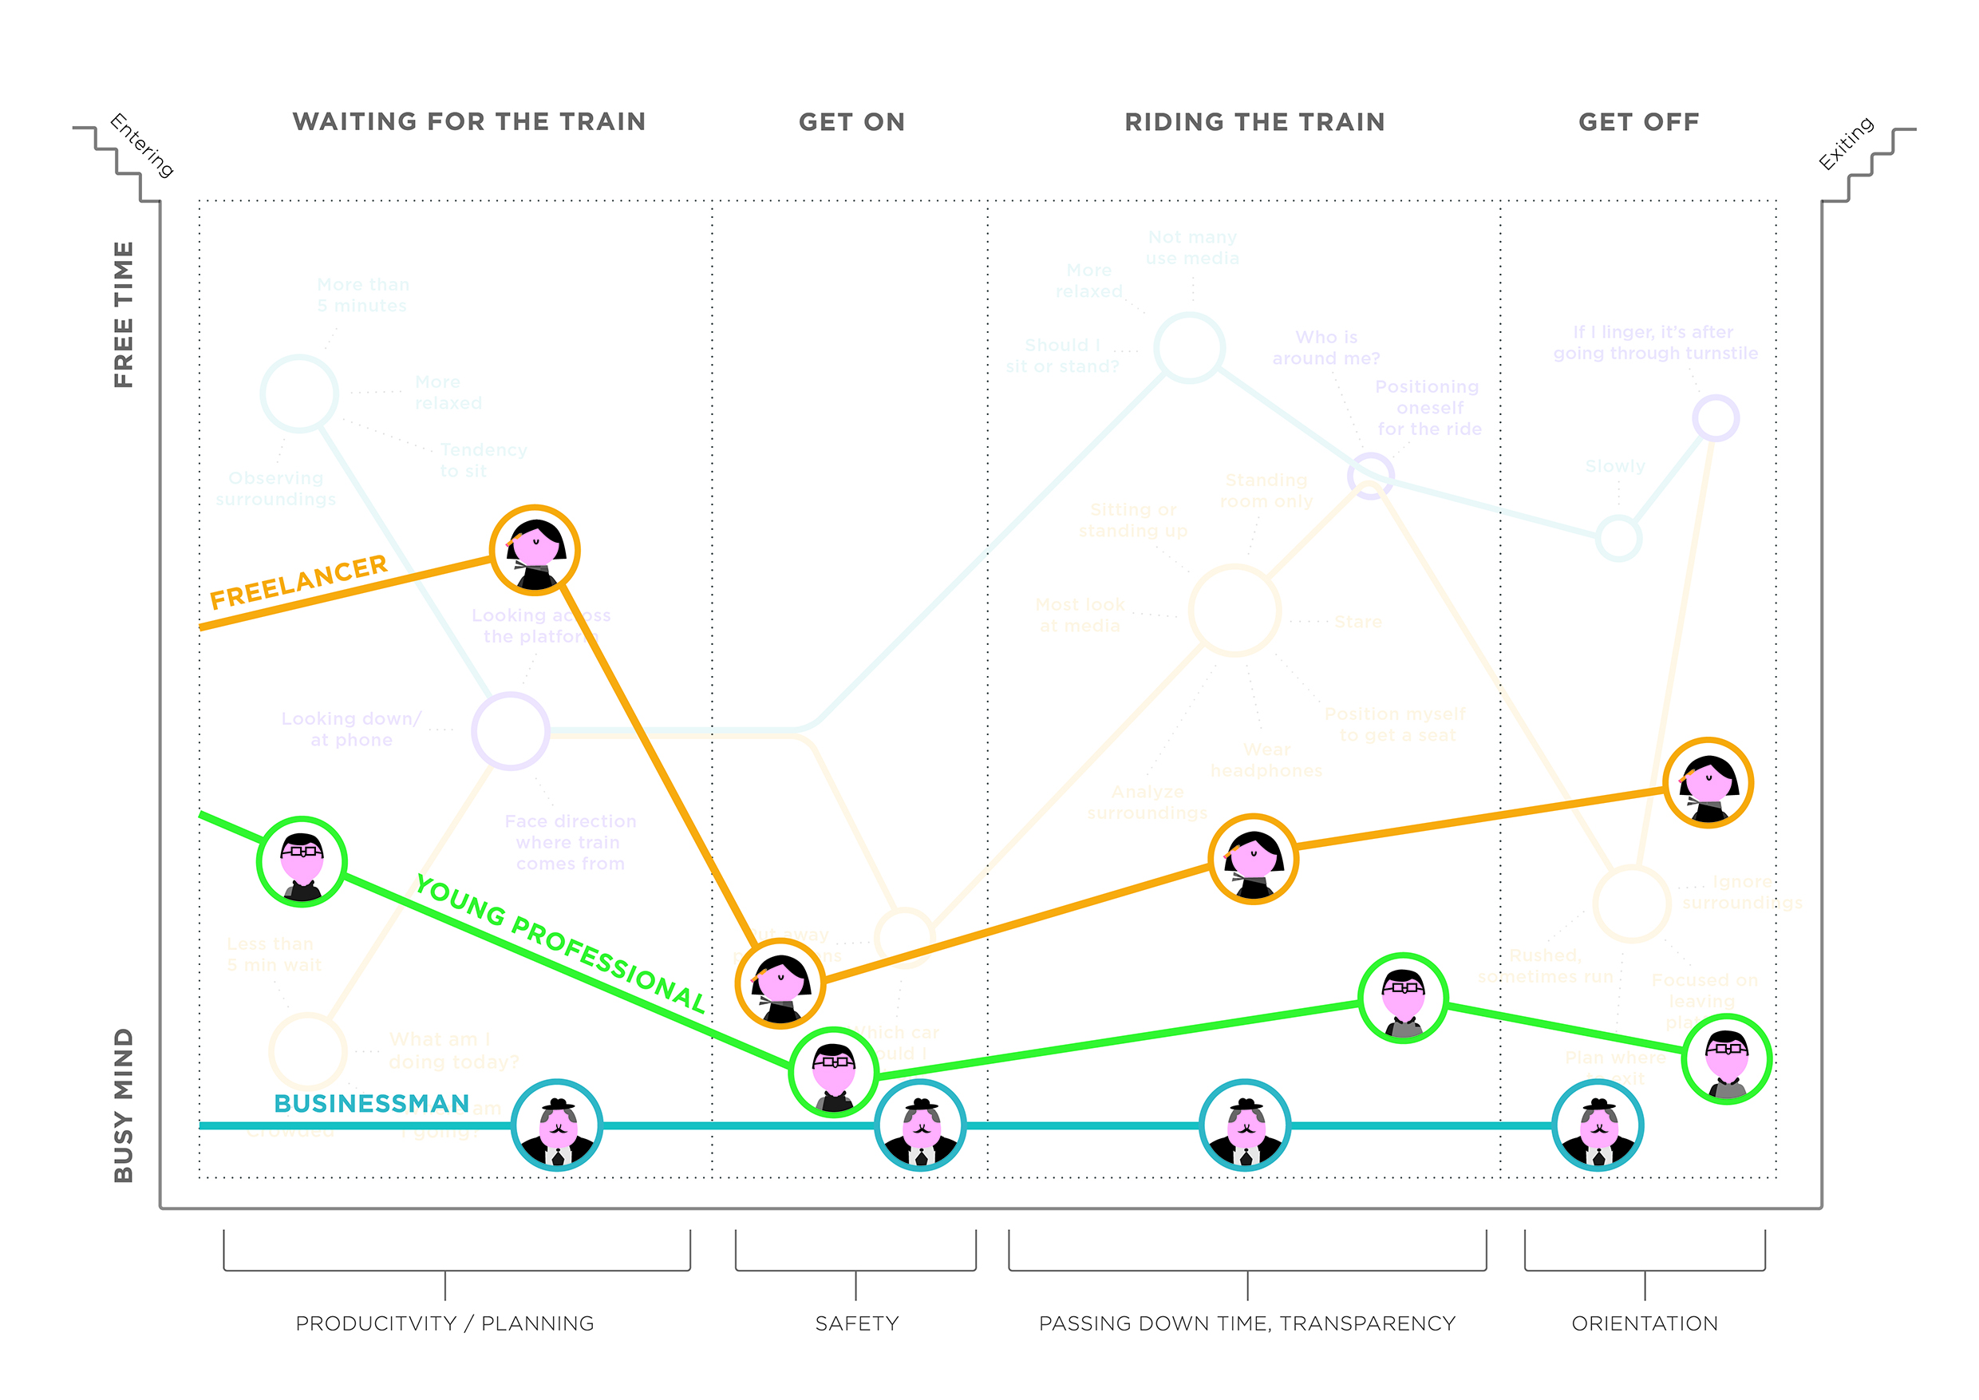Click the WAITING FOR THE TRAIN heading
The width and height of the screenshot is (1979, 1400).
[469, 121]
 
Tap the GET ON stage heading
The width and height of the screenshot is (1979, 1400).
[851, 122]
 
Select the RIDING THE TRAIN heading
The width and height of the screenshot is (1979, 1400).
[1254, 122]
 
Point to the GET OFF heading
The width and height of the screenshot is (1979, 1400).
[1638, 122]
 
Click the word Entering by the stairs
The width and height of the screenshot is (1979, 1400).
[142, 144]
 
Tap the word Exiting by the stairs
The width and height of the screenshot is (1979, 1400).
[1847, 143]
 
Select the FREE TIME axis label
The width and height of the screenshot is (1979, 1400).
[124, 314]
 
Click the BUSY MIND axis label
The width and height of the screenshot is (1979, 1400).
[124, 1105]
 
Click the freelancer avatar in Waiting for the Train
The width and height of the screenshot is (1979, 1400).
[535, 550]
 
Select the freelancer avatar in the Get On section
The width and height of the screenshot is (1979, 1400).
[780, 983]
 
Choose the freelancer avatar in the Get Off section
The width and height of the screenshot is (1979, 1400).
[1708, 783]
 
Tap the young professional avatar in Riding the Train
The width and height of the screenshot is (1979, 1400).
[1403, 999]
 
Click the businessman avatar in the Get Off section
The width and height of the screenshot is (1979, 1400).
[1598, 1125]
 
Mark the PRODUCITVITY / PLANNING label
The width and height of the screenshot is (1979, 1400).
[444, 1323]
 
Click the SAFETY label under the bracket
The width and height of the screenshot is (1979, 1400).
[857, 1323]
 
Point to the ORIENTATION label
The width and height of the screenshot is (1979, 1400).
[1645, 1323]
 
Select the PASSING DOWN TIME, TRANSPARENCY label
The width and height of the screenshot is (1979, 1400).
[1247, 1323]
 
